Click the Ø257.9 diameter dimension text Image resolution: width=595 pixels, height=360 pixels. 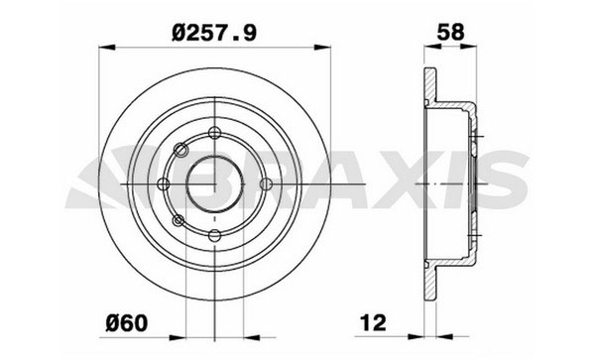pyautogui.click(x=214, y=33)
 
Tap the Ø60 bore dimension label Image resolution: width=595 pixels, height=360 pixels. pyautogui.click(x=126, y=323)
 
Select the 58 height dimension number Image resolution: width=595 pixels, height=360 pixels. pyautogui.click(x=450, y=32)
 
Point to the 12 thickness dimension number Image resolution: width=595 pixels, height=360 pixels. pyautogui.click(x=373, y=323)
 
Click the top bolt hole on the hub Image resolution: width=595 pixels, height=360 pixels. pyautogui.click(x=215, y=133)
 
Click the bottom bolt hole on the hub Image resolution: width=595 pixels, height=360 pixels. pyautogui.click(x=215, y=236)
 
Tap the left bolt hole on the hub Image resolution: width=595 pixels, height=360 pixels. pyautogui.click(x=164, y=184)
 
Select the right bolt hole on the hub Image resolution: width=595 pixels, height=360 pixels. pyautogui.click(x=266, y=184)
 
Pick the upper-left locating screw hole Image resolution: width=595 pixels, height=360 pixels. pyautogui.click(x=180, y=149)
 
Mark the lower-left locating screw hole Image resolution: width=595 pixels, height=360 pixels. pyautogui.click(x=178, y=220)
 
